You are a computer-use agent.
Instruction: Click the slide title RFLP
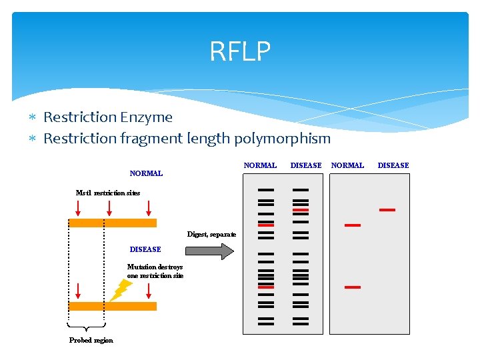(x=240, y=51)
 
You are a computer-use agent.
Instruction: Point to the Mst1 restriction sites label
(x=108, y=193)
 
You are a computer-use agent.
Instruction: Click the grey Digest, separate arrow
(x=209, y=251)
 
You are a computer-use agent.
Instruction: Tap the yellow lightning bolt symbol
(x=121, y=289)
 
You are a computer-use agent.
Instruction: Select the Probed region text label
(x=91, y=341)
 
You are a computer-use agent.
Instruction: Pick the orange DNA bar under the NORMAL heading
(x=113, y=223)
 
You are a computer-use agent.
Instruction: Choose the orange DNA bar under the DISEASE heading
(x=113, y=306)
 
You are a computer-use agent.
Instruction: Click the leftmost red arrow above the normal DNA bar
(x=78, y=208)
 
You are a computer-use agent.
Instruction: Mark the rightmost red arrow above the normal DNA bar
(x=149, y=208)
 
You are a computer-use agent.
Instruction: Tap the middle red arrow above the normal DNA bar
(x=109, y=208)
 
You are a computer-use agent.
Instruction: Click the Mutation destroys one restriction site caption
(x=155, y=271)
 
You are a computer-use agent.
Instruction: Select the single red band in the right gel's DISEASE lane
(x=387, y=210)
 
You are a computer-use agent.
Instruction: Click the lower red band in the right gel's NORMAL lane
(x=352, y=287)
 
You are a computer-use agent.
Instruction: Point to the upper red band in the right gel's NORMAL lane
(x=352, y=225)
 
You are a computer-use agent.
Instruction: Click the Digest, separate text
(x=211, y=235)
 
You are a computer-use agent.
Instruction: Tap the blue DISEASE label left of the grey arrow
(x=145, y=249)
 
